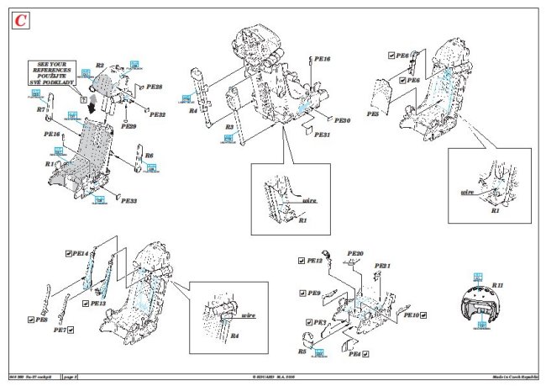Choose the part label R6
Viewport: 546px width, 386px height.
coord(150,156)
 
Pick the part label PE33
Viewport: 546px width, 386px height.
coord(129,201)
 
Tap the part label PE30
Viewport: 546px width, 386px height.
coord(342,120)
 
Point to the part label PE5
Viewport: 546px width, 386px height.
coord(373,114)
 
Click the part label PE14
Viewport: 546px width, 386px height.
coord(81,252)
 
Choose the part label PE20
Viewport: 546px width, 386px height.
coord(355,253)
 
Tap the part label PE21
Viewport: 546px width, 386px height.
coord(383,266)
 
